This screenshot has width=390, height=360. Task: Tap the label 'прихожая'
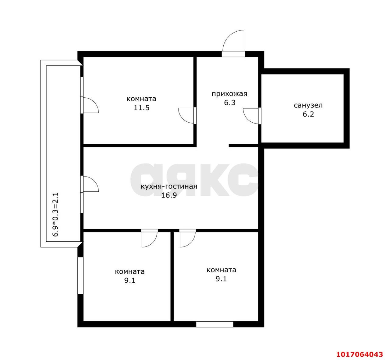[x=229, y=94]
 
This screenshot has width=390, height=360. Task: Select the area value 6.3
[x=229, y=103]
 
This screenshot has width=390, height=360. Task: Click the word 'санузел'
[x=308, y=105]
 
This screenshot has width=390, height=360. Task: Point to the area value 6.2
[x=308, y=114]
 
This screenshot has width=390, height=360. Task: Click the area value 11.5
[x=142, y=108]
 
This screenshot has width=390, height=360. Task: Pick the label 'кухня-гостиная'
[x=169, y=186]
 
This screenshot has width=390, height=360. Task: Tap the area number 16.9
[x=169, y=195]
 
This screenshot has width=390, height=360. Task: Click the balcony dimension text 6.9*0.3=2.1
[x=55, y=215]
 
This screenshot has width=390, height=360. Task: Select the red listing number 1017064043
[x=360, y=354]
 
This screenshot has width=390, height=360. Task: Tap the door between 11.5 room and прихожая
[x=187, y=116]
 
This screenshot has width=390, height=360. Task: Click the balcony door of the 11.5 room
[x=90, y=105]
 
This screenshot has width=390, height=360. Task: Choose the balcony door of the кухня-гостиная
[x=90, y=184]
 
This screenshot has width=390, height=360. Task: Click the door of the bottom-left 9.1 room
[x=150, y=238]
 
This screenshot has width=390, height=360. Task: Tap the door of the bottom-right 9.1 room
[x=188, y=238]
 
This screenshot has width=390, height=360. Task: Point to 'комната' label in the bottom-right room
[x=221, y=270]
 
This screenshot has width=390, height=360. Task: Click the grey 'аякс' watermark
[x=194, y=180]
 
